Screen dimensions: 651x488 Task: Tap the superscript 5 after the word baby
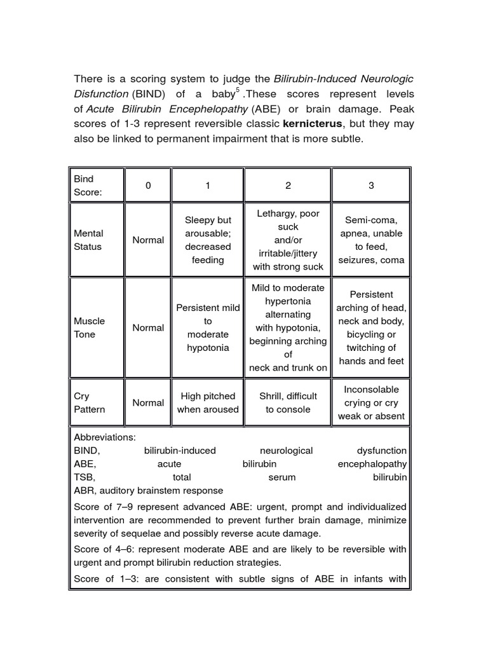pos(237,92)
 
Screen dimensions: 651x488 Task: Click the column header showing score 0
pos(148,186)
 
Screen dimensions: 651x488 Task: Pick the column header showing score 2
pos(288,186)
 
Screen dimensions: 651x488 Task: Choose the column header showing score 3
pos(371,186)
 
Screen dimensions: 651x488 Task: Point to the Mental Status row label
pos(89,240)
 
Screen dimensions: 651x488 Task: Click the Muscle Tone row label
pos(90,327)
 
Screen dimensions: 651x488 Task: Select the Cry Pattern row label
pos(90,402)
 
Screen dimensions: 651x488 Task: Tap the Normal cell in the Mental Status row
pos(148,240)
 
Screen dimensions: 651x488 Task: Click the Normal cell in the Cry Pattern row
pos(148,402)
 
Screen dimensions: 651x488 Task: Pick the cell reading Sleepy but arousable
pos(208,240)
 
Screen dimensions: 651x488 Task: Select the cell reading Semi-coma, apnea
pos(371,240)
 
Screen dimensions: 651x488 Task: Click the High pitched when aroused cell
pos(208,402)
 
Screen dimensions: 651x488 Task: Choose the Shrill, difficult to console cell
pos(288,402)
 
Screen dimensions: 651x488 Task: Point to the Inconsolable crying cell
pos(371,402)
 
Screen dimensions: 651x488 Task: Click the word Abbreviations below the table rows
pos(104,437)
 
